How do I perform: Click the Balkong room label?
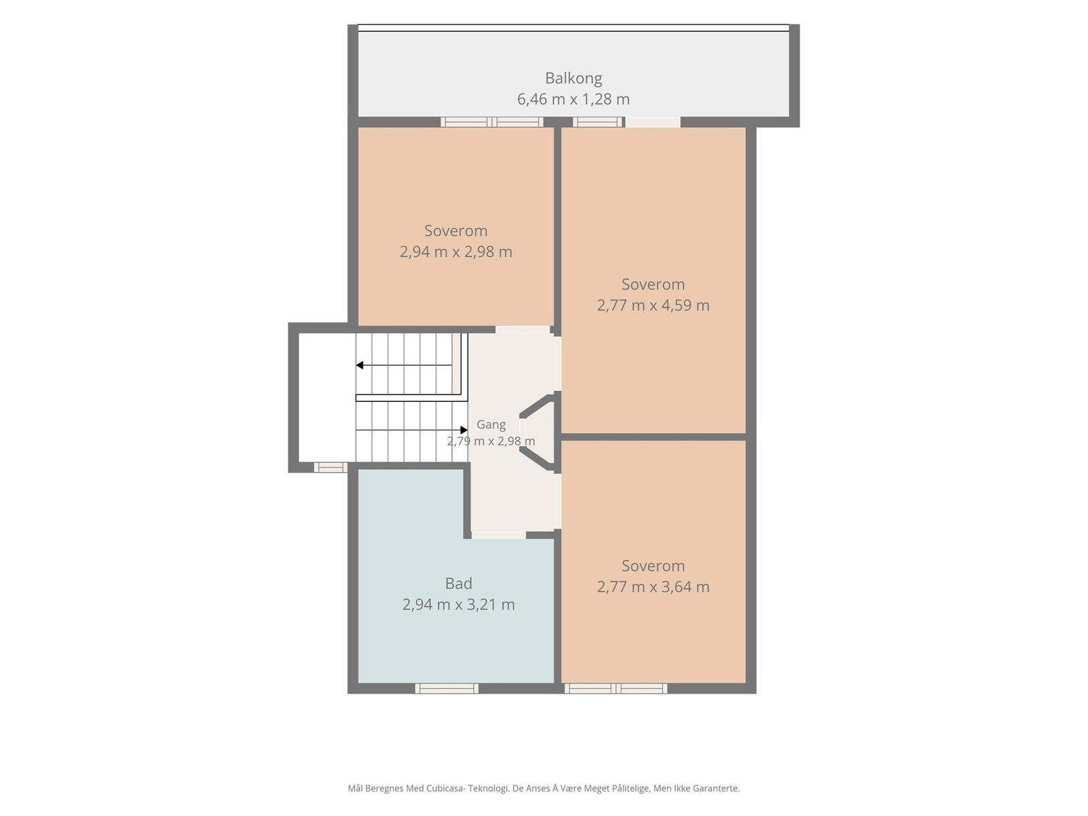point(573,78)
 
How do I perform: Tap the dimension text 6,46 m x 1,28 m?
point(573,99)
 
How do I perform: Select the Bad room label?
point(458,583)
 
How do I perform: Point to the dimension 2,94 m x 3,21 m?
point(458,605)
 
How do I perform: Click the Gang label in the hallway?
point(491,424)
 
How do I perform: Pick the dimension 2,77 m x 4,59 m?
point(653,305)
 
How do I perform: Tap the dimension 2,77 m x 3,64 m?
point(653,587)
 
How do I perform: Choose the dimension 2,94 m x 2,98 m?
point(456,252)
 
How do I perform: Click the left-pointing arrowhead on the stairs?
point(360,365)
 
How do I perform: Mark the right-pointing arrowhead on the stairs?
point(464,430)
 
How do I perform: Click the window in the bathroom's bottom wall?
point(447,688)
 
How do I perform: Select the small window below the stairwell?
point(330,467)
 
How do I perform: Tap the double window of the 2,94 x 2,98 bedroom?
point(492,122)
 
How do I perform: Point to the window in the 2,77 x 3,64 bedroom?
point(615,688)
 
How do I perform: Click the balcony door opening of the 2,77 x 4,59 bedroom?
point(652,122)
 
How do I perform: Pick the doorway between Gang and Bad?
point(498,535)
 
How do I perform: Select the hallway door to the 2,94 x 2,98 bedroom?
point(522,330)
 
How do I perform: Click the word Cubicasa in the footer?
point(446,788)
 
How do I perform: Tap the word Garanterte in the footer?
point(714,788)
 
